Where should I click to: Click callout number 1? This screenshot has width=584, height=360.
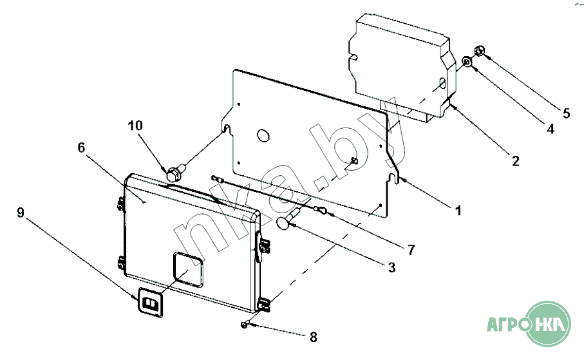click(458, 211)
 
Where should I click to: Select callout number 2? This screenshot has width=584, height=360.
click(516, 161)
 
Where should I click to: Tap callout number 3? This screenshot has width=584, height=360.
click(391, 267)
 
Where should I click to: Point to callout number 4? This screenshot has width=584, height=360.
click(551, 129)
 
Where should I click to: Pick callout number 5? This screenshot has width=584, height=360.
click(566, 113)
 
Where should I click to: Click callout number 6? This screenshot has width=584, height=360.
click(81, 147)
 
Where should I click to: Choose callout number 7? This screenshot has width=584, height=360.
click(411, 250)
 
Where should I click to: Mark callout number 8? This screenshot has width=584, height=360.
click(314, 337)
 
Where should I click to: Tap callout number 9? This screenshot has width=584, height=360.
click(21, 213)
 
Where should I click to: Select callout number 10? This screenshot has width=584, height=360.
click(135, 126)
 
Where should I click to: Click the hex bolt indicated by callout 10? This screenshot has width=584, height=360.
click(175, 172)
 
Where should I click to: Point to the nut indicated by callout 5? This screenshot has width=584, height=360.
click(479, 50)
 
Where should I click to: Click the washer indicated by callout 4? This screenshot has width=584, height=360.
click(467, 61)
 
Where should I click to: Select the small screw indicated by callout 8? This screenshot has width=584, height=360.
click(244, 325)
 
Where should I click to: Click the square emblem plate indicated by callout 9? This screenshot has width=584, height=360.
click(151, 302)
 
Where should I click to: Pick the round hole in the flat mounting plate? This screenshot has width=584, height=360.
click(263, 135)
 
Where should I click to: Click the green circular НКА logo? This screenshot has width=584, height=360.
click(548, 324)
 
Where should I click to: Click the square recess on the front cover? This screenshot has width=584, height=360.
click(189, 270)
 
